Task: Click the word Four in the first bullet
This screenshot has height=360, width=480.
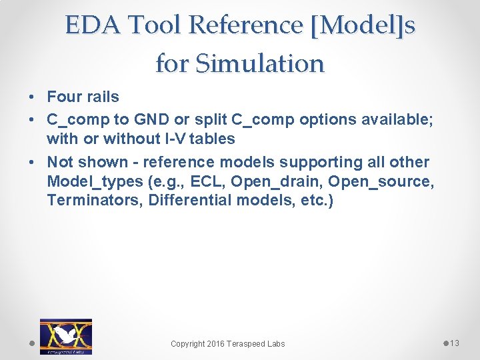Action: coord(64,97)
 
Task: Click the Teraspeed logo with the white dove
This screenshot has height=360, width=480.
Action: coord(65,336)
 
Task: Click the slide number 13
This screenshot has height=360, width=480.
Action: coord(455,343)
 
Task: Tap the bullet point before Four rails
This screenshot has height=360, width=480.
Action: coord(33,97)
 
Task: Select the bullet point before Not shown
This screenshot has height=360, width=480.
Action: coord(33,163)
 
